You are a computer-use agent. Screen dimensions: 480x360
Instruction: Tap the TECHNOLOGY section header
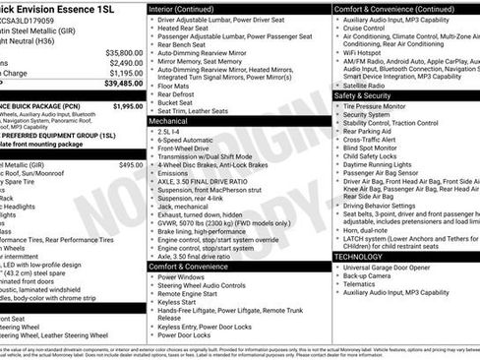coord(358,256)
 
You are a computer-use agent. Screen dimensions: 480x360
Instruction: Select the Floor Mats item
coord(175,86)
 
